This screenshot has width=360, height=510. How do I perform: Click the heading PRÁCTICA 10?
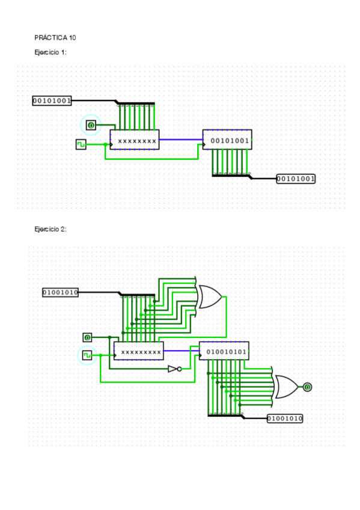coord(55,38)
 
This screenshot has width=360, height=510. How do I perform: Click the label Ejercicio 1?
coord(50,52)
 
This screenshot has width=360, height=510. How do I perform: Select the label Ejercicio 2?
coord(50,229)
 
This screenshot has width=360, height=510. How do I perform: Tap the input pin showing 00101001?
coord(52,101)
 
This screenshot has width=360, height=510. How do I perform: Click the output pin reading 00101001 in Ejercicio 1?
coord(296,179)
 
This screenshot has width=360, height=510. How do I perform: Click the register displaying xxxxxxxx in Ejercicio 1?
coord(135,140)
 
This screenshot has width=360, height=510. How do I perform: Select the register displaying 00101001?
coord(227,140)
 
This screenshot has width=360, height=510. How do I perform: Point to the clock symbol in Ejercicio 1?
coord(81,144)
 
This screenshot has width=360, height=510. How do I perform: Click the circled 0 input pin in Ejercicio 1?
coord(91,125)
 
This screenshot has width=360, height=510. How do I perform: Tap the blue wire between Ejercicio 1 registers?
coord(181,140)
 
